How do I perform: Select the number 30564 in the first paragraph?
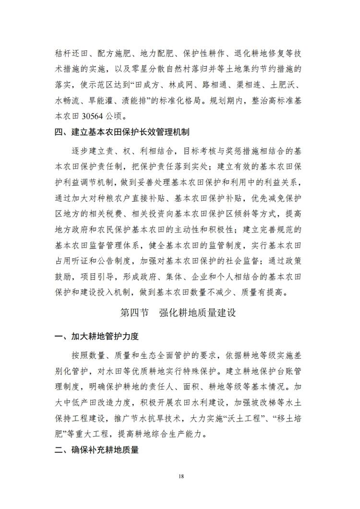pyautogui.click(x=96, y=116)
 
